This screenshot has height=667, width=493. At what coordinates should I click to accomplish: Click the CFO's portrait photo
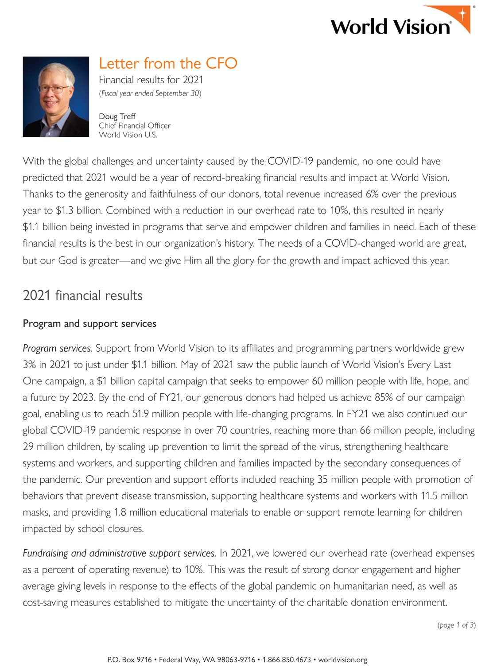(56, 97)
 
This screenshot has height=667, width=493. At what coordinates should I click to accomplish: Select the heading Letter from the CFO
(168, 63)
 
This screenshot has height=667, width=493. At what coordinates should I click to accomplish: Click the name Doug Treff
(117, 116)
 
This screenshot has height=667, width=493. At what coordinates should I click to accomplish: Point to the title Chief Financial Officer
(135, 126)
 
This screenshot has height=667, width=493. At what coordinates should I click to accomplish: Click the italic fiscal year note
(150, 93)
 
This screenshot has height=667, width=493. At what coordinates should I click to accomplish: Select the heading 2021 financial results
(82, 295)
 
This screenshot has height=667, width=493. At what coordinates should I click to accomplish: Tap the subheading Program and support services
(89, 324)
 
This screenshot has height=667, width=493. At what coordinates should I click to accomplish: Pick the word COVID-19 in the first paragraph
(290, 161)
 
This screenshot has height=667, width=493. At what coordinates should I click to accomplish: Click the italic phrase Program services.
(58, 349)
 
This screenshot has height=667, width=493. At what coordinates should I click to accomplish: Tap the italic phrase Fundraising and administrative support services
(119, 554)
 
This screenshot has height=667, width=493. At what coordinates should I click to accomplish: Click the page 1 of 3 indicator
(456, 625)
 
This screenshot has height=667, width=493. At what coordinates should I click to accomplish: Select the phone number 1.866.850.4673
(287, 660)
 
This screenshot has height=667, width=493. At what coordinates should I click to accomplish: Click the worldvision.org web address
(342, 660)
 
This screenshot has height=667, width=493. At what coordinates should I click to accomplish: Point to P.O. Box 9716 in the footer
(129, 660)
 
